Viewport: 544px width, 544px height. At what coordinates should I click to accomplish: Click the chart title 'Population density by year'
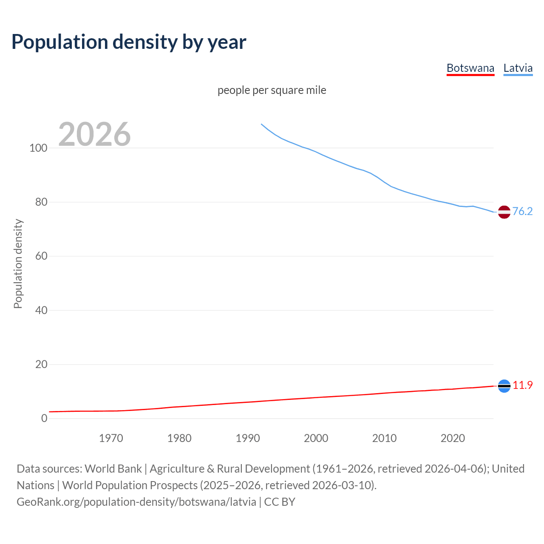click(x=129, y=42)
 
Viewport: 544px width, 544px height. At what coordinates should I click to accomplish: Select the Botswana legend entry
click(x=470, y=68)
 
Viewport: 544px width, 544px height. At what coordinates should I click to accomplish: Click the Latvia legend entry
click(x=518, y=68)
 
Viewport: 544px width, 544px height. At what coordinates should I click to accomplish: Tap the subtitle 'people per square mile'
click(x=272, y=90)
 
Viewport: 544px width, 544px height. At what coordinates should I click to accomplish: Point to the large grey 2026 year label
click(x=94, y=134)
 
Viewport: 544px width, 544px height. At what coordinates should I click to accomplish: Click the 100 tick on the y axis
click(x=38, y=148)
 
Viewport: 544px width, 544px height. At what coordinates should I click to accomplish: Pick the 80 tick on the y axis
click(x=41, y=202)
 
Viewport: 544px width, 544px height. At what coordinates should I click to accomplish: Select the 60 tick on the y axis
click(x=41, y=256)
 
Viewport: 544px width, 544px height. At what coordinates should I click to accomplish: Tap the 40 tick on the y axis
click(x=41, y=310)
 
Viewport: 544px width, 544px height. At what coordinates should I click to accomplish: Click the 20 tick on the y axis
click(x=41, y=364)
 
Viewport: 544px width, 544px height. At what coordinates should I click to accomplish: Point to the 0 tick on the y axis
click(x=44, y=418)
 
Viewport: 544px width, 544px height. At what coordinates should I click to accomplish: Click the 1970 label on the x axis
click(x=111, y=438)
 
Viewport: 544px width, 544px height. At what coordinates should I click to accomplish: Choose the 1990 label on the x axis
click(x=248, y=438)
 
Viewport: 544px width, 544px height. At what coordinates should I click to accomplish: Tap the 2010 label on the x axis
click(x=384, y=438)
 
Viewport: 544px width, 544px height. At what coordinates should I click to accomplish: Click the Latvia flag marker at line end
click(x=504, y=212)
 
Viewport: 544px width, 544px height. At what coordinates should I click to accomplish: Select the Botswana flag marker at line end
click(x=504, y=386)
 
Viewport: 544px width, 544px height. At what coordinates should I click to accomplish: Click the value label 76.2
click(x=522, y=211)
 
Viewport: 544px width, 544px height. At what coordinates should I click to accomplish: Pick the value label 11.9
click(x=522, y=385)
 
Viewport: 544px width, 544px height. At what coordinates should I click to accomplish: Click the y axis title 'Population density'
click(x=18, y=263)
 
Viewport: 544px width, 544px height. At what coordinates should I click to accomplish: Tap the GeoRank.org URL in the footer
click(x=136, y=502)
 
